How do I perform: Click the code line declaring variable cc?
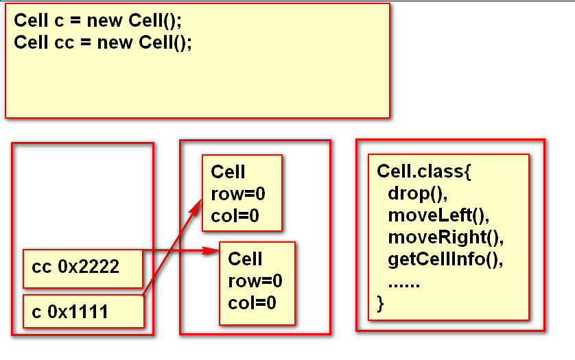pyautogui.click(x=103, y=43)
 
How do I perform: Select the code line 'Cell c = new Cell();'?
pyautogui.click(x=97, y=20)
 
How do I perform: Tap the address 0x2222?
pyautogui.click(x=89, y=267)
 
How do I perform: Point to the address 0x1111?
pyautogui.click(x=78, y=312)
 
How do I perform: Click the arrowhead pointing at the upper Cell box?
pyautogui.click(x=196, y=208)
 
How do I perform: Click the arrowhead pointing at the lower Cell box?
pyautogui.click(x=211, y=250)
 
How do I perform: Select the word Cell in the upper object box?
pyautogui.click(x=228, y=171)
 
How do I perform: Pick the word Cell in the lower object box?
pyautogui.click(x=245, y=259)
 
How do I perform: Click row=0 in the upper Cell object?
pyautogui.click(x=237, y=194)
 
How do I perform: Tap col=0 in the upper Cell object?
pyautogui.click(x=235, y=216)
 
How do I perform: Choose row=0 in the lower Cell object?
pyautogui.click(x=255, y=281)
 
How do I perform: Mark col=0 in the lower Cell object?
pyautogui.click(x=252, y=303)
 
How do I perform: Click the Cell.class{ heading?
pyautogui.click(x=424, y=171)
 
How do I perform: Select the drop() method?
pyautogui.click(x=418, y=193)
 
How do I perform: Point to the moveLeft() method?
pyautogui.click(x=438, y=215)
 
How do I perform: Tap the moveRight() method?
pyautogui.click(x=445, y=237)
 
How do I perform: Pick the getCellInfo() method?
pyautogui.click(x=445, y=260)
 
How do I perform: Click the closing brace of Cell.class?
pyautogui.click(x=380, y=304)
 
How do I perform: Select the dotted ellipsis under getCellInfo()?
pyautogui.click(x=403, y=285)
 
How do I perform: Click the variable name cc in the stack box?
pyautogui.click(x=41, y=267)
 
